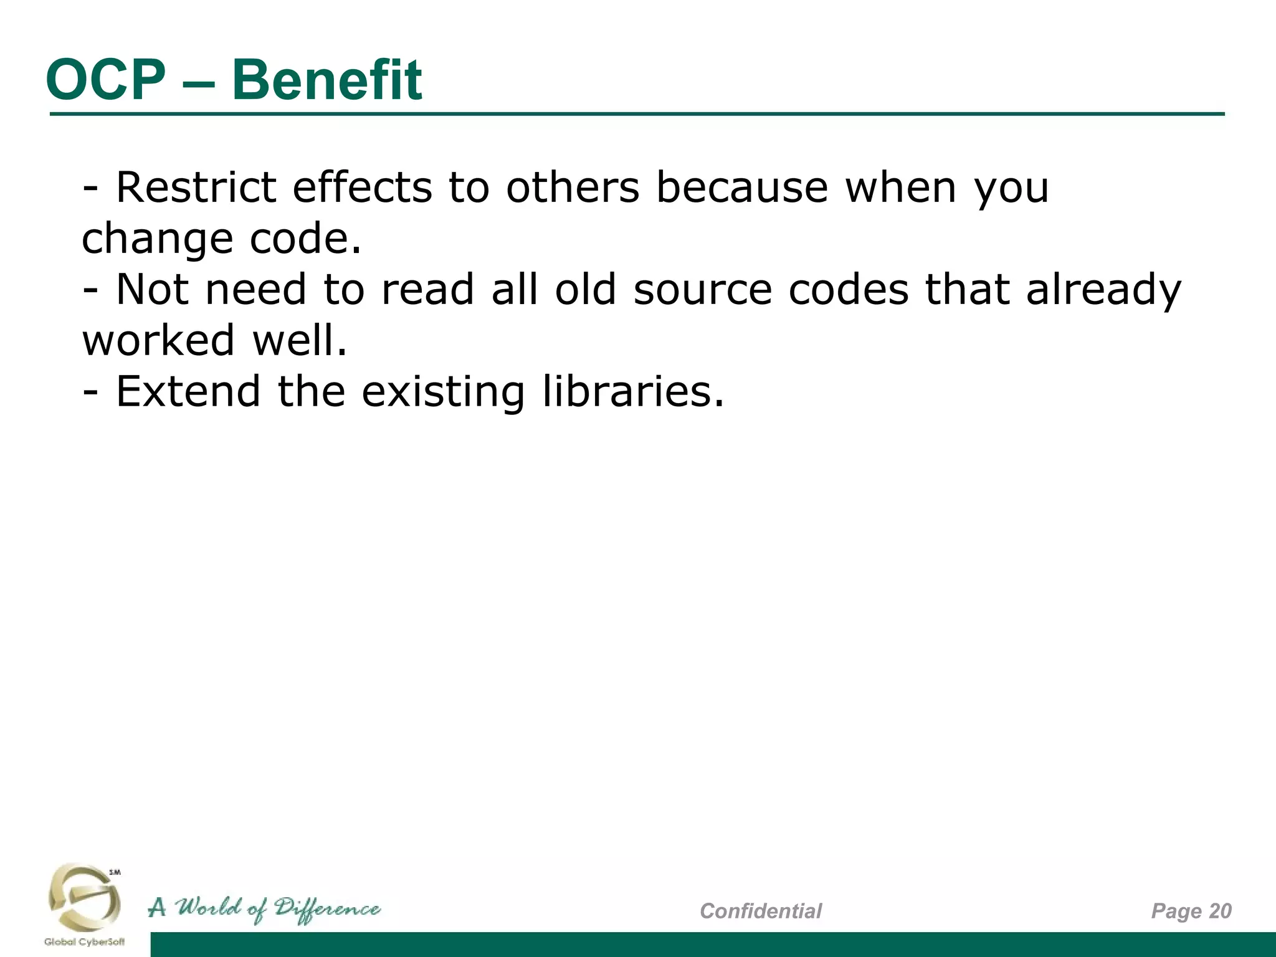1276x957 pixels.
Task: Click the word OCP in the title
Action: (106, 80)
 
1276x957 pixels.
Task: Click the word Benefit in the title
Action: (326, 80)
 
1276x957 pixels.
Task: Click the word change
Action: (157, 239)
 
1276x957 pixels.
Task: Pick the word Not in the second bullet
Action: (152, 290)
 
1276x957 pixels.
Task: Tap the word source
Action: (702, 290)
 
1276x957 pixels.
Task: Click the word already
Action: (1103, 291)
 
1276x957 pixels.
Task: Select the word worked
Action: (158, 341)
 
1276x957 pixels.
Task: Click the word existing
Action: (443, 393)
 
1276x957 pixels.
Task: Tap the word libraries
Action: (632, 392)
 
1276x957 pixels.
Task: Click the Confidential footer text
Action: (761, 911)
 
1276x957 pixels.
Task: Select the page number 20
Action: (1220, 911)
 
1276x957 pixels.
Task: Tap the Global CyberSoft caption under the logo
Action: (84, 942)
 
